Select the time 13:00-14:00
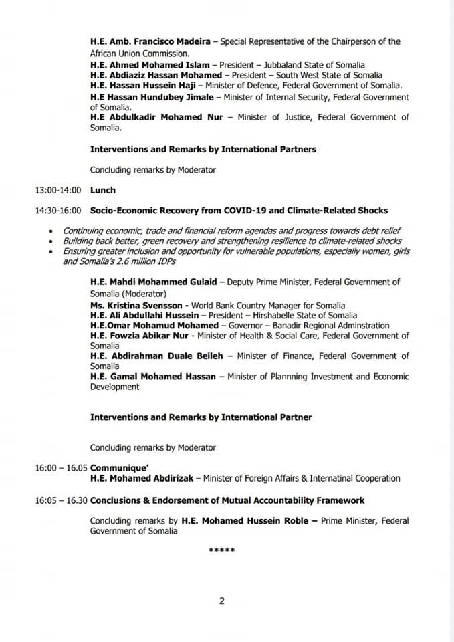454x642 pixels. (58, 190)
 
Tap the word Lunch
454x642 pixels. (103, 190)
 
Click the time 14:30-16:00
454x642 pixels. (58, 211)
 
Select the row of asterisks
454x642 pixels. (222, 550)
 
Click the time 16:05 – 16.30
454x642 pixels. (62, 500)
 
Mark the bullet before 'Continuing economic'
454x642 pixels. (52, 231)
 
